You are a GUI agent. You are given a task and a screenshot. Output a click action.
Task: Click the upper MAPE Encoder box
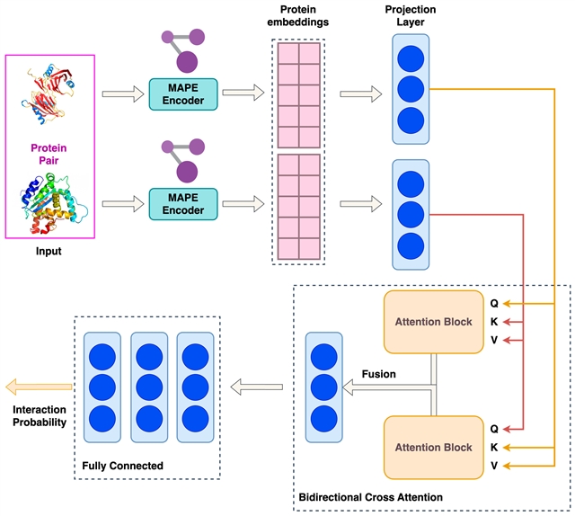tap(183, 94)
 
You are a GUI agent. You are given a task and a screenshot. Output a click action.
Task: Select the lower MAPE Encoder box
tap(183, 204)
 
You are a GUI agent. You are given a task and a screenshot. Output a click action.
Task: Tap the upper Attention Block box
tap(433, 322)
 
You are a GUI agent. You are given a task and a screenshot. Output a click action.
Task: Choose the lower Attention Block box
tap(433, 448)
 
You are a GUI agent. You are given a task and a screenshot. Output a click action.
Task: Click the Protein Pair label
tap(49, 154)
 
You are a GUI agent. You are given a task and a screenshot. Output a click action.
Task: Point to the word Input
tap(49, 251)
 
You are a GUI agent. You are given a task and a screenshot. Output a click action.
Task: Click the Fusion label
tap(379, 374)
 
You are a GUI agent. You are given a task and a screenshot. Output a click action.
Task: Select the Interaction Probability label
tap(40, 416)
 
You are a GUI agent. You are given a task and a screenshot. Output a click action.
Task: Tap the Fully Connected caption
tap(122, 466)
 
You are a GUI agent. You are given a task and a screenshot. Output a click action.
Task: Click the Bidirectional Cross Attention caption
tap(371, 497)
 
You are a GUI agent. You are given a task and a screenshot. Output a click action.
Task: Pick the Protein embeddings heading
tap(297, 16)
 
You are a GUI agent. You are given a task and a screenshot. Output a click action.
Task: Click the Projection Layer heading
tap(411, 16)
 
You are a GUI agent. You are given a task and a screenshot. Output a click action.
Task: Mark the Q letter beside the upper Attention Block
tap(494, 304)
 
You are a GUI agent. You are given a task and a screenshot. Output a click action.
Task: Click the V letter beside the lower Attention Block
tap(494, 466)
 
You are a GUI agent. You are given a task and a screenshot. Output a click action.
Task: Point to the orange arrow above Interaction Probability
tap(39, 387)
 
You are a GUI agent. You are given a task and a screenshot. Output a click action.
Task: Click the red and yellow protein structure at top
tap(48, 93)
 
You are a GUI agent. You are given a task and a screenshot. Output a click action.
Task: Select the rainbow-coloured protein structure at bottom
tap(54, 204)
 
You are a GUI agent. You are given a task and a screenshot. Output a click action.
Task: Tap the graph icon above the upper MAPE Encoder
tap(183, 50)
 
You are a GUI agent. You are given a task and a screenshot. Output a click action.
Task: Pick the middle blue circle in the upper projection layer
tap(411, 89)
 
